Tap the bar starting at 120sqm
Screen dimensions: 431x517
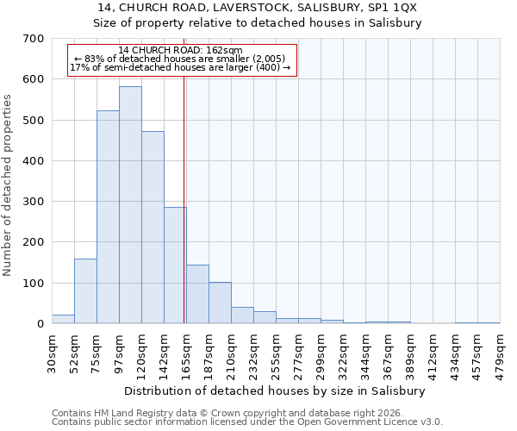tap(153, 228)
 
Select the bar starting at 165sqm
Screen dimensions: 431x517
tap(197, 295)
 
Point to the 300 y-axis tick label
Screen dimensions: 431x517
tap(34, 202)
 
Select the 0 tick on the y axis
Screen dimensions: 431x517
tap(40, 324)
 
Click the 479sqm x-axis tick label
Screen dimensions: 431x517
tap(501, 354)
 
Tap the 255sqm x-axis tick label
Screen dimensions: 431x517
tap(277, 354)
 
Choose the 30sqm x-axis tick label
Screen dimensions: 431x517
tap(53, 352)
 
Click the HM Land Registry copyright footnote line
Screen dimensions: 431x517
tap(234, 413)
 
